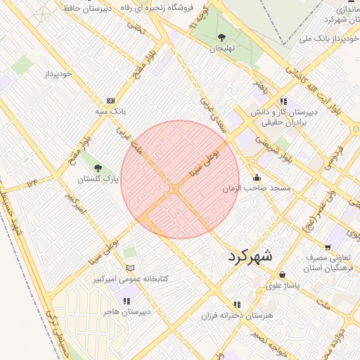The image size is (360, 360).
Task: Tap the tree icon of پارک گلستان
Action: (x=98, y=168)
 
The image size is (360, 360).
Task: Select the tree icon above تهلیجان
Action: (x=222, y=37)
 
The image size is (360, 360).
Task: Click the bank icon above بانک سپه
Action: (x=110, y=101)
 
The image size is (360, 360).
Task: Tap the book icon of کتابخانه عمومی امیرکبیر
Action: (x=129, y=268)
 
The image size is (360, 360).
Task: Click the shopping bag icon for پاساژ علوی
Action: (x=282, y=274)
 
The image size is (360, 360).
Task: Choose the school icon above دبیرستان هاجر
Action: (x=127, y=301)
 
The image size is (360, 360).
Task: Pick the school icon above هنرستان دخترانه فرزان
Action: (x=237, y=304)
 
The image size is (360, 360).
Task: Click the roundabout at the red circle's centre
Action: (x=174, y=189)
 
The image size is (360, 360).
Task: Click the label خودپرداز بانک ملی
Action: (x=326, y=37)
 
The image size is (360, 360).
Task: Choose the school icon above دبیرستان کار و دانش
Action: (x=283, y=101)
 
